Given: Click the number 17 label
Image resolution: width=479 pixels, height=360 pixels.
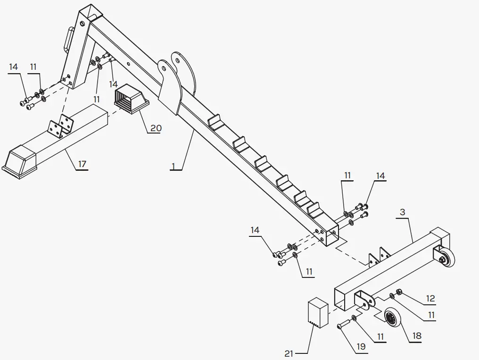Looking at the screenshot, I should tap(82, 164).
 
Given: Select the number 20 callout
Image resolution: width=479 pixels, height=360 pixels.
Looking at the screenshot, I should tap(156, 128).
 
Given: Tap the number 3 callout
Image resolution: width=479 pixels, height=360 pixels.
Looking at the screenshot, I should tap(402, 212).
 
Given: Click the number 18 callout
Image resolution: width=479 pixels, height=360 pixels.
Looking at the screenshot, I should tap(416, 336).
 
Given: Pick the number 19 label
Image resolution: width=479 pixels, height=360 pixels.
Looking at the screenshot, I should tap(360, 347).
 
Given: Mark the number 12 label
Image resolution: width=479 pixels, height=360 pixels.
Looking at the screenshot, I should tap(430, 298).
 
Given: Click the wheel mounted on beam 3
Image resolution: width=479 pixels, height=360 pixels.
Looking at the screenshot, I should tap(448, 258).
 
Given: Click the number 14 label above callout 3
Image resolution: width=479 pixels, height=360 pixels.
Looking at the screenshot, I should tap(380, 176).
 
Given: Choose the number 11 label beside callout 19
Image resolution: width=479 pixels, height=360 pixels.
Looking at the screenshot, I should tap(380, 336).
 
